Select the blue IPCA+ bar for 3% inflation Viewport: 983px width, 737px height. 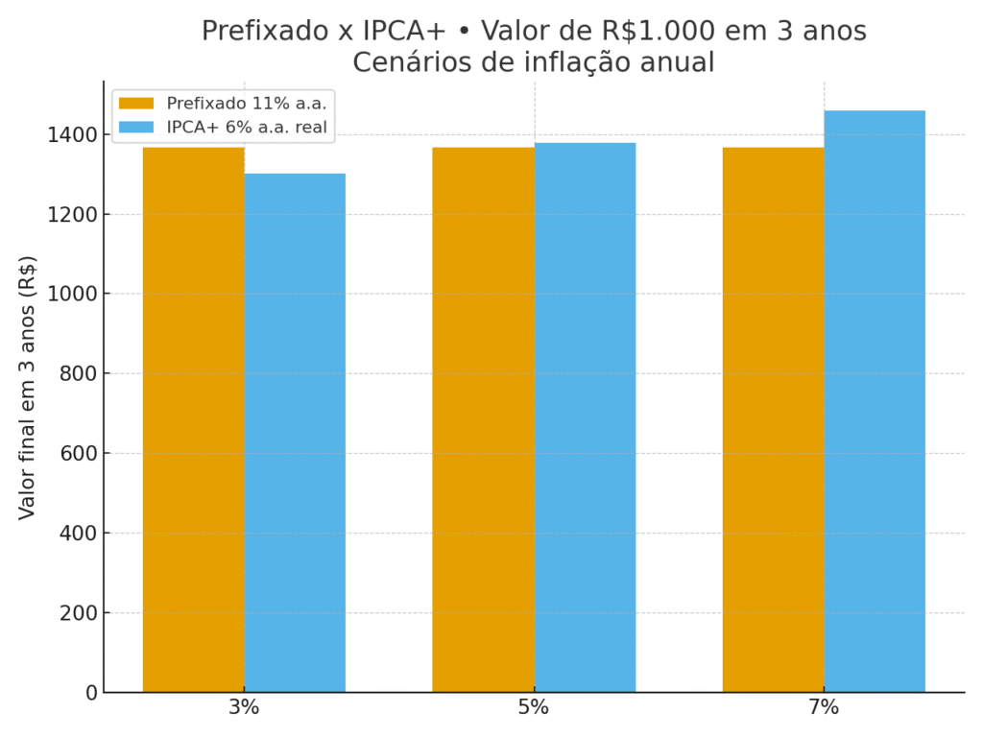click(295, 432)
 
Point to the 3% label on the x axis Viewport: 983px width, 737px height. click(244, 708)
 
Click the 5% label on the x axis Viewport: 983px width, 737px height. click(534, 708)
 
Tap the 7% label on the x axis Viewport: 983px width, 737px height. click(824, 708)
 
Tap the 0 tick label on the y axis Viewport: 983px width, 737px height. click(92, 692)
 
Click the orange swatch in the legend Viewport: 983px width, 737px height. click(136, 104)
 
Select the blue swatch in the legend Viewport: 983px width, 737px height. click(136, 127)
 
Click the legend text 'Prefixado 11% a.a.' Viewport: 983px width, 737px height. click(247, 104)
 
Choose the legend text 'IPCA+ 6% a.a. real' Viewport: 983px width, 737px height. click(247, 127)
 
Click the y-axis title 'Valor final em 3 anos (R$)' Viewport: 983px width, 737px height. click(27, 387)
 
